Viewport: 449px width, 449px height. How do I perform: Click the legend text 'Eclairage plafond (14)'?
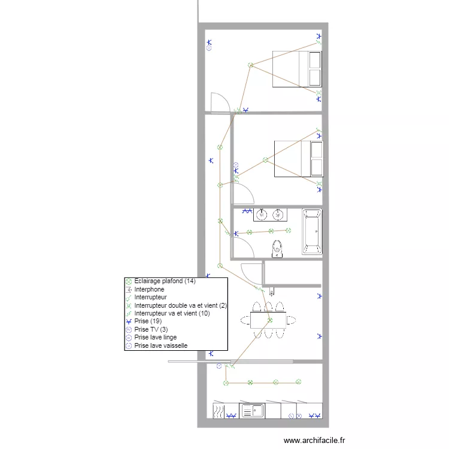165,281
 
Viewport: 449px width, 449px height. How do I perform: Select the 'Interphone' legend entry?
149,289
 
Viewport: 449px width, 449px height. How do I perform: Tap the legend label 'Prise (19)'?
148,321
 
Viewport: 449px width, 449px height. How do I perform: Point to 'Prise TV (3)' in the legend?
151,329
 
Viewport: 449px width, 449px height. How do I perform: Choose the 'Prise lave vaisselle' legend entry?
160,345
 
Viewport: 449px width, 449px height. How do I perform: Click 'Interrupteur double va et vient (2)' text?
180,305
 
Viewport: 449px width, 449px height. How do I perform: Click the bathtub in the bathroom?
312,232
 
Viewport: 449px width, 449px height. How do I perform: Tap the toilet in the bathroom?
277,249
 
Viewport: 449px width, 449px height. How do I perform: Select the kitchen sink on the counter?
252,411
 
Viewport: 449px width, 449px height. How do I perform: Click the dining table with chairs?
268,320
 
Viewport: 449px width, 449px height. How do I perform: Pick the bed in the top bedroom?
297,69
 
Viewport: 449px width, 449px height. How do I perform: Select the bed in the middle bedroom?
299,159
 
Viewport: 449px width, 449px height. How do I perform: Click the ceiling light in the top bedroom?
251,65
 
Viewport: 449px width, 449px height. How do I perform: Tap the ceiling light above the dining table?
270,320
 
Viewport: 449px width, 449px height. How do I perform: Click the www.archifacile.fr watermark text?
314,440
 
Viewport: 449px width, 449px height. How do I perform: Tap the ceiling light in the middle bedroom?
265,160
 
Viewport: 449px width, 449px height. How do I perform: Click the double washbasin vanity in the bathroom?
270,215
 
